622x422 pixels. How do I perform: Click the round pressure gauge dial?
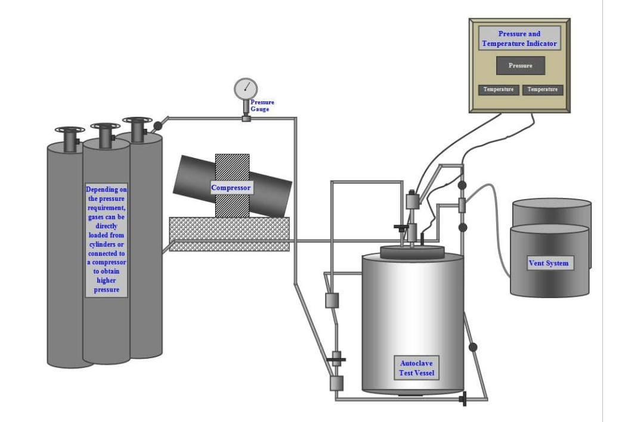(x=245, y=89)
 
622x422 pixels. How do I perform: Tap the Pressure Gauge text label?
(x=262, y=106)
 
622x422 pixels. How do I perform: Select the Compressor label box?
(x=231, y=188)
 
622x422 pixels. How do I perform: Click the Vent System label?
(x=549, y=263)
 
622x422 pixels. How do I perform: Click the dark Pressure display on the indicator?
(x=520, y=66)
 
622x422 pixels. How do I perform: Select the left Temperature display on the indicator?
(x=499, y=89)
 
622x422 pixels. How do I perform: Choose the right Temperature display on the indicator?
(x=543, y=89)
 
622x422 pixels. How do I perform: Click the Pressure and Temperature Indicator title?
(x=519, y=39)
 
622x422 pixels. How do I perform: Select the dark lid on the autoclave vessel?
(x=413, y=250)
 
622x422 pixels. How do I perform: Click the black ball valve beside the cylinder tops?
(x=158, y=126)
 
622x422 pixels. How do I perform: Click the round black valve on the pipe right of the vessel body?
(x=474, y=347)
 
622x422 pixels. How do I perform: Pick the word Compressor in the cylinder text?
(x=107, y=262)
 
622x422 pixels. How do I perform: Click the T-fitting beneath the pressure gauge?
(x=246, y=118)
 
